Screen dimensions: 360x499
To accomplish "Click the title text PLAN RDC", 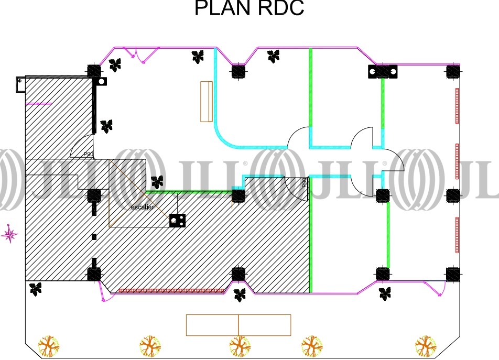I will point(249,9).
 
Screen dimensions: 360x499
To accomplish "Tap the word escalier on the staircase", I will point(142,208).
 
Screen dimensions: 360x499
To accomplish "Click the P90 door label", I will point(88,154).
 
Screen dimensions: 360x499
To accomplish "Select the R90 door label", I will point(304,183).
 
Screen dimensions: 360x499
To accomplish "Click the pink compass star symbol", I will point(9,234).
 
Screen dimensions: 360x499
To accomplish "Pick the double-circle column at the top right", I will point(383,71).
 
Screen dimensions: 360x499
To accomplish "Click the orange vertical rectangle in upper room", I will point(206,101).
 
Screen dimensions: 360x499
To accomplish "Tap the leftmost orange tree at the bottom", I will point(49,346).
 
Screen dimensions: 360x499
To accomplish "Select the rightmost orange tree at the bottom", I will point(426,346).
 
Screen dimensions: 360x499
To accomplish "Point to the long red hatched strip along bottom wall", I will point(172,290).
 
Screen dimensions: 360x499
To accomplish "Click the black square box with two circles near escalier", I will point(177,221).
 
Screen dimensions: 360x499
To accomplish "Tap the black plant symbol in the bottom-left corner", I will point(36,288).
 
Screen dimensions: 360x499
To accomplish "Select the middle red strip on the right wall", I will point(457,161).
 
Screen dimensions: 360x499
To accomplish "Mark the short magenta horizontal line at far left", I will point(38,104).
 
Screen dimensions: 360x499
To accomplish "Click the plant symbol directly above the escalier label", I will point(157,182).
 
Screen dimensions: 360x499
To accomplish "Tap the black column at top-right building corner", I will point(453,71).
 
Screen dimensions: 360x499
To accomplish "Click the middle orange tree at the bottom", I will point(240,346).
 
